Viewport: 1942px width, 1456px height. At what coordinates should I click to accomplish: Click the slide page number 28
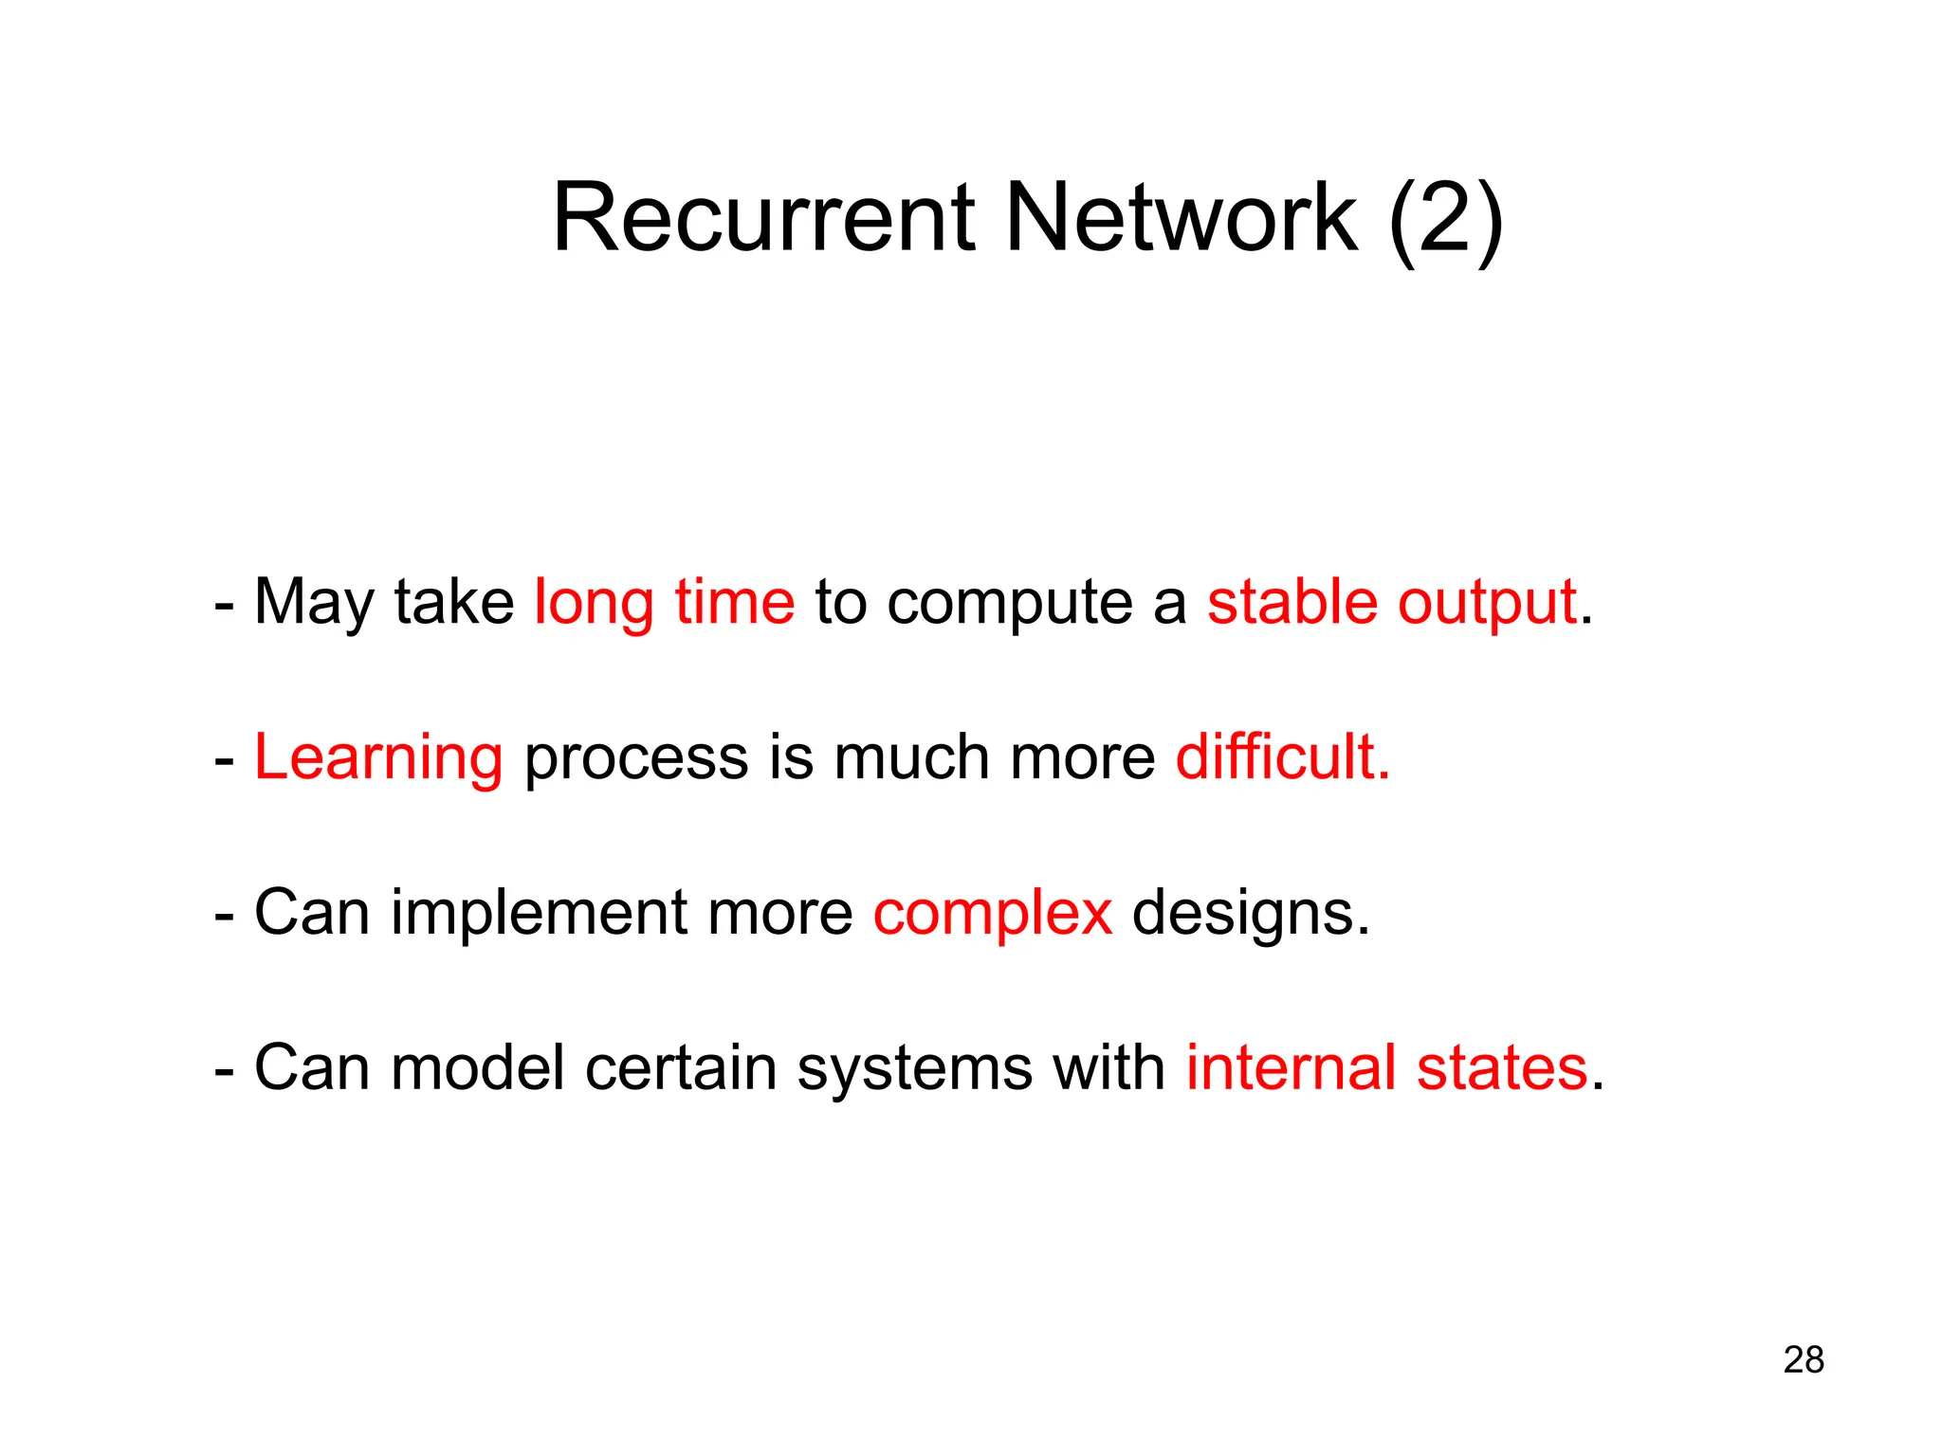1803,1359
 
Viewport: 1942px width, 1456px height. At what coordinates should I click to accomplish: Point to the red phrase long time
664,602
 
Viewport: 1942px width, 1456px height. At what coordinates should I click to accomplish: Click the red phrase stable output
1391,602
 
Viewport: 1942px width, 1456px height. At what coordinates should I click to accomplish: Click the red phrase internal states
1386,1067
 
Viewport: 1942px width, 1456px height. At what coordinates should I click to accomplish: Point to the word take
453,602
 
